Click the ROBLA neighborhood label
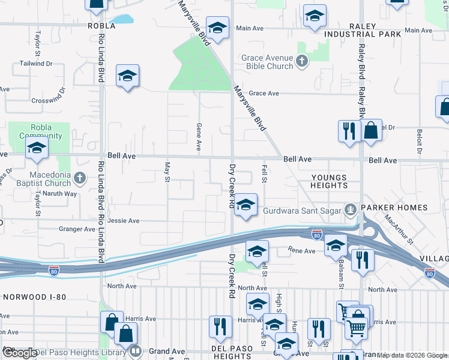tap(101, 26)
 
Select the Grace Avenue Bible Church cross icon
tap(302, 61)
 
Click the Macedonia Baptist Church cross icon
tap(80, 178)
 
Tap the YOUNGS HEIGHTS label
tap(329, 181)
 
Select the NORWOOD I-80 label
tap(34, 296)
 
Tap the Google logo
tap(20, 353)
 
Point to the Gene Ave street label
tap(199, 137)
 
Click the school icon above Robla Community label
tap(37, 148)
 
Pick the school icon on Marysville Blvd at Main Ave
tap(217, 27)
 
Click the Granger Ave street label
tap(77, 229)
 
